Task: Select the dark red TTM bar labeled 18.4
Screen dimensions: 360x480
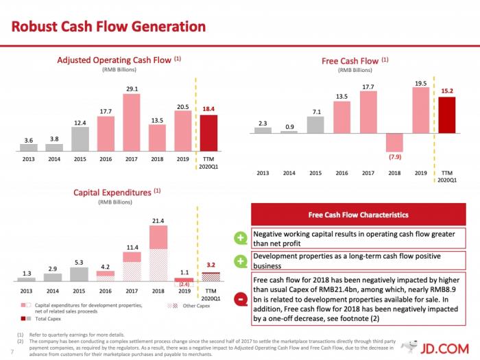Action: coord(208,132)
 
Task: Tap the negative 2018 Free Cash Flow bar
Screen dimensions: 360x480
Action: coord(394,141)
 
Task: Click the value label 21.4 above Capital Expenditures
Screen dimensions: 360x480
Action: coord(158,221)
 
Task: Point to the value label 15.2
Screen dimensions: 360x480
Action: coord(446,90)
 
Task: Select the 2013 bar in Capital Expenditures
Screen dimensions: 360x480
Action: coord(26,280)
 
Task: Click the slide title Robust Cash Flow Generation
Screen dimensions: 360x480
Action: coord(109,27)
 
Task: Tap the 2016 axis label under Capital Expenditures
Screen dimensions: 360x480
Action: coord(106,291)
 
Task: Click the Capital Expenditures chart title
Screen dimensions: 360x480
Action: coord(117,192)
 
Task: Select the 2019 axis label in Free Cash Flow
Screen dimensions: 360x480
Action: coord(420,173)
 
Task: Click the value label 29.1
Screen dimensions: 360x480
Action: coord(132,88)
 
